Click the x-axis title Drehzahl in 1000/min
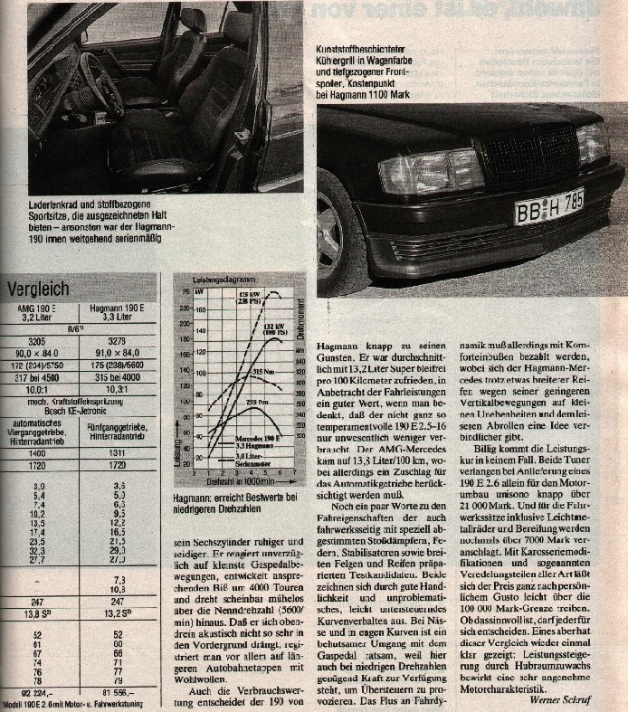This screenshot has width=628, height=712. click(238, 481)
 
